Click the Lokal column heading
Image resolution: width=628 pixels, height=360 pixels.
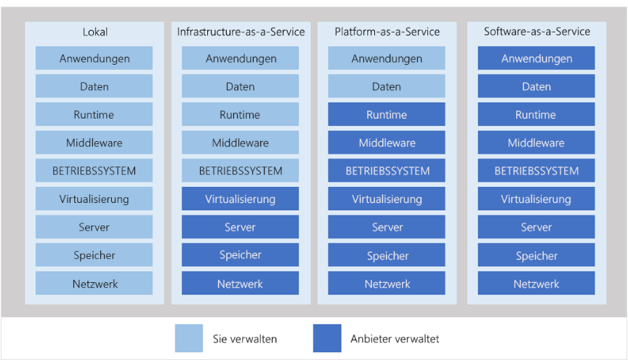(94, 32)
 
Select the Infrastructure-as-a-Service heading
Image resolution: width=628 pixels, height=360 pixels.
(241, 32)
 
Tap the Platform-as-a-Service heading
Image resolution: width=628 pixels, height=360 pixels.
(387, 32)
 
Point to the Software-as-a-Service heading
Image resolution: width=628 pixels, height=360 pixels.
(536, 32)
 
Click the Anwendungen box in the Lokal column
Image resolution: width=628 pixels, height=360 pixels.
(94, 58)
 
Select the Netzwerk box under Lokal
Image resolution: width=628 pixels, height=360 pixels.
(94, 284)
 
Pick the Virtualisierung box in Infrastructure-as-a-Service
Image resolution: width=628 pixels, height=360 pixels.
(241, 199)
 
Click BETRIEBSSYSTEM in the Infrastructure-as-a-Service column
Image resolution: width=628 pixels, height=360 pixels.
(241, 171)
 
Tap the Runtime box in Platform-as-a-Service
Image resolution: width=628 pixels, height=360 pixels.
(387, 115)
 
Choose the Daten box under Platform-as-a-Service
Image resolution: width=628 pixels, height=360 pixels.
(387, 87)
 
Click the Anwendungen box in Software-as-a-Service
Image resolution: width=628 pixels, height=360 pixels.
(536, 58)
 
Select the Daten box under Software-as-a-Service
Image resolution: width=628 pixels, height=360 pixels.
(536, 87)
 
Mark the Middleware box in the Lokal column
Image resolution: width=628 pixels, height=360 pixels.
(94, 143)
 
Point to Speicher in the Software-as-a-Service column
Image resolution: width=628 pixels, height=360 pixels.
(536, 255)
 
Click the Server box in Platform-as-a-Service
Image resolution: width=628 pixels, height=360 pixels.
(387, 228)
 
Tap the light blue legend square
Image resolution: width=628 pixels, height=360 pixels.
(189, 338)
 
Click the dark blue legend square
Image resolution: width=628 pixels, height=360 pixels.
(327, 338)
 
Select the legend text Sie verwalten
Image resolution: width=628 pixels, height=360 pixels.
(244, 339)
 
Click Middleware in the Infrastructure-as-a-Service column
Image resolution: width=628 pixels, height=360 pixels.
(241, 143)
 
